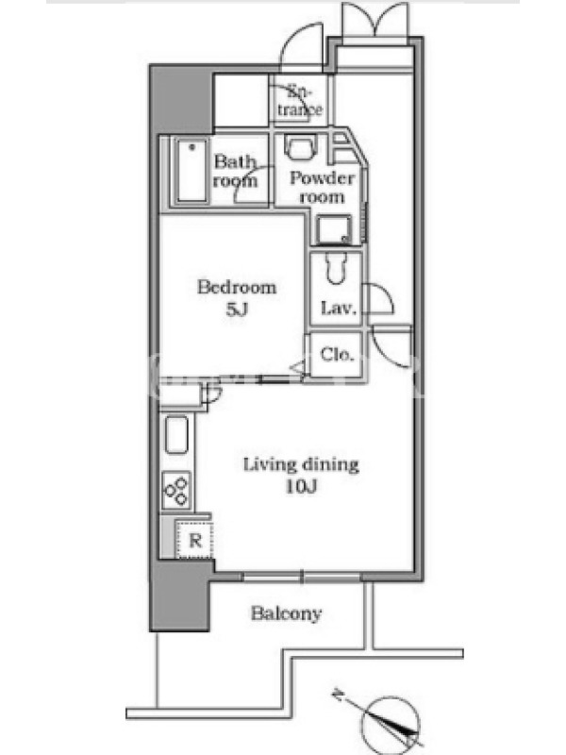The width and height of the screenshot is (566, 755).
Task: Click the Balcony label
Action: point(286,613)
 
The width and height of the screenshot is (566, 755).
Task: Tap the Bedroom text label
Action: point(237,288)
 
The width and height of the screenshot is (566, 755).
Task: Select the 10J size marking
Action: point(301,487)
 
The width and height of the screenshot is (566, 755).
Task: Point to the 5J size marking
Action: point(237,310)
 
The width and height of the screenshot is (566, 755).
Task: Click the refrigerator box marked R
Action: point(194,539)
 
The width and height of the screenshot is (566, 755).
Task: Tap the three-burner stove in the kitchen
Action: point(176,490)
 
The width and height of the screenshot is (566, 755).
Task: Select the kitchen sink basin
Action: point(176,435)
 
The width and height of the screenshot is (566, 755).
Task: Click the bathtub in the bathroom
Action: point(192,170)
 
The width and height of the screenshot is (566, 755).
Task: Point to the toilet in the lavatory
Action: point(335,268)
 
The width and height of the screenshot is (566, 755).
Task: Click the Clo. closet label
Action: point(337,355)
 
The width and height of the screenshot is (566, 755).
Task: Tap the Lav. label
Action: point(340,308)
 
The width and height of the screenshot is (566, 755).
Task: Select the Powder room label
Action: point(322,188)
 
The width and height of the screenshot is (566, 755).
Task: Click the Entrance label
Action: point(299,101)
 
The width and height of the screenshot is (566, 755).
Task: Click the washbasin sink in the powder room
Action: point(300,146)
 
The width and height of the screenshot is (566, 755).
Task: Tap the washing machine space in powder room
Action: point(334,230)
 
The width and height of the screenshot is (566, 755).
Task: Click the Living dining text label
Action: point(301,464)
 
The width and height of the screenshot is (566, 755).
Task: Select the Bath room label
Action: point(235,171)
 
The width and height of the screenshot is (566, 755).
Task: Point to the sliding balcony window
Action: point(302,577)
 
